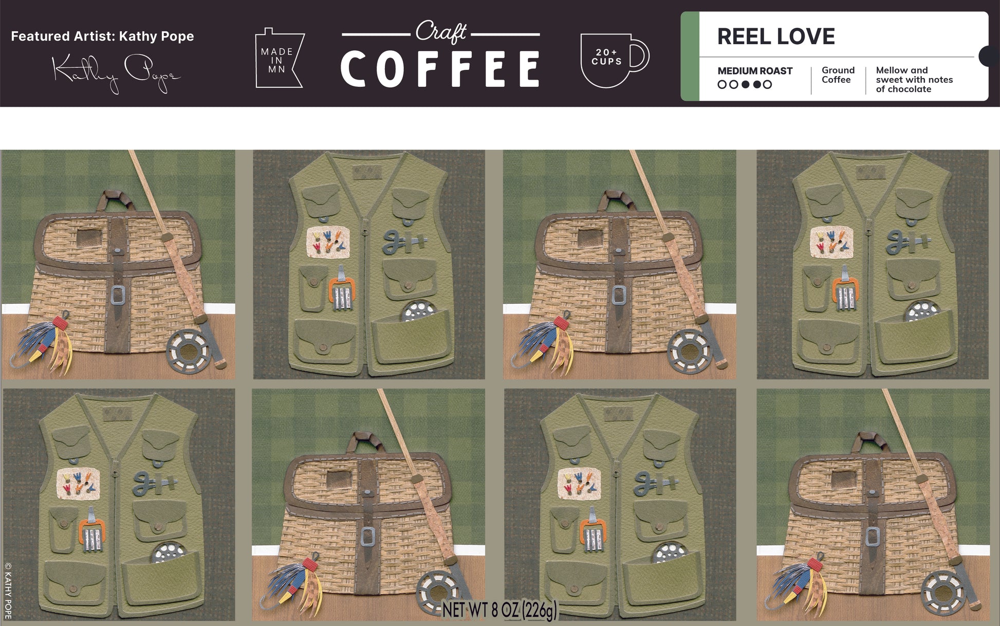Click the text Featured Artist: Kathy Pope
pos(102,36)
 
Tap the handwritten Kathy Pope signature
pos(116,73)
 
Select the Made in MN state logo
pos(279,58)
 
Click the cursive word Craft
pos(441,32)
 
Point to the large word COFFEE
pos(440,69)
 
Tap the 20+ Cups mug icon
pos(615,60)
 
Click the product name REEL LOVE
pos(776,36)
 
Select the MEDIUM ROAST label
pos(755,71)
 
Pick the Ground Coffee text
pos(838,75)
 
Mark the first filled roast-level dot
pos(745,84)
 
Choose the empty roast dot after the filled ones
pos(767,84)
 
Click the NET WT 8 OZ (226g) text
pos(499,610)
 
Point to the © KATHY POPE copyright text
pos(8,591)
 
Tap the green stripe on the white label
pos(690,56)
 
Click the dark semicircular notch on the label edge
pos(989,56)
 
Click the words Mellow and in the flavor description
pos(902,70)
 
